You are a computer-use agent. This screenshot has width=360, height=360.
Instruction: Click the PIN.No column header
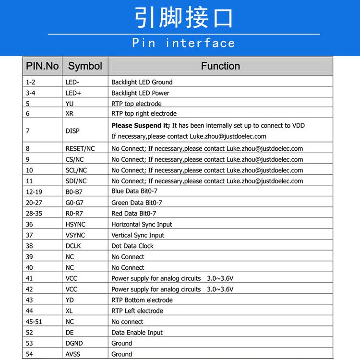click(42, 66)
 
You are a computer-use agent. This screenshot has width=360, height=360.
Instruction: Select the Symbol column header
click(85, 66)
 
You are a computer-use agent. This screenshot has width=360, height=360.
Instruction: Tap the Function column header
click(220, 66)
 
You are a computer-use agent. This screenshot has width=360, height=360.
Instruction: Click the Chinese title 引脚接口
click(183, 18)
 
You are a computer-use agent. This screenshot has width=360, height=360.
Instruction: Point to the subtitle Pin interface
click(183, 43)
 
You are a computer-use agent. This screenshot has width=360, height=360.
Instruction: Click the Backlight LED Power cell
click(140, 93)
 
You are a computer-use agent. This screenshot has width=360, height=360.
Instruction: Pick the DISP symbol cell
click(72, 131)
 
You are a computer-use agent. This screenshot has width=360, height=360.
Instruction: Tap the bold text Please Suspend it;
click(141, 126)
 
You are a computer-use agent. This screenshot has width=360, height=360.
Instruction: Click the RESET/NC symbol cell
click(80, 149)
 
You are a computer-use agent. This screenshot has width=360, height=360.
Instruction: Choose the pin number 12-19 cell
click(34, 192)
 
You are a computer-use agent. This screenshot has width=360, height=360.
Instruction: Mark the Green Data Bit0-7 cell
click(136, 203)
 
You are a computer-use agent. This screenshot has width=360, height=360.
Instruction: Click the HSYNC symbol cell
click(75, 224)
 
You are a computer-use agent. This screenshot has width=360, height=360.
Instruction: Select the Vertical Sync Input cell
click(138, 235)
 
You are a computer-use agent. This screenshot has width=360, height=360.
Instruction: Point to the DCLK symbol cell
click(74, 246)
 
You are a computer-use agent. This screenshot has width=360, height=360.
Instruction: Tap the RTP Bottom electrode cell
click(142, 300)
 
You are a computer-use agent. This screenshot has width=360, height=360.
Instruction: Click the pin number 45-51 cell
click(34, 322)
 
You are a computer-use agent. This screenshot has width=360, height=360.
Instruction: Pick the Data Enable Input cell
click(137, 333)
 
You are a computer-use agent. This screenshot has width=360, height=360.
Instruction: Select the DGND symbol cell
click(74, 343)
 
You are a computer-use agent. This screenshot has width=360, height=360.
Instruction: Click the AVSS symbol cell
click(73, 354)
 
